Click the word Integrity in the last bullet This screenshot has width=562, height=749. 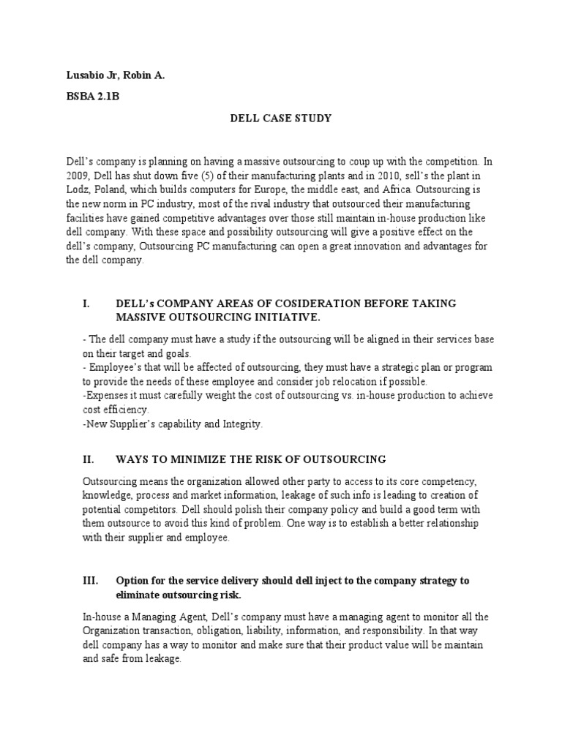click(x=236, y=424)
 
